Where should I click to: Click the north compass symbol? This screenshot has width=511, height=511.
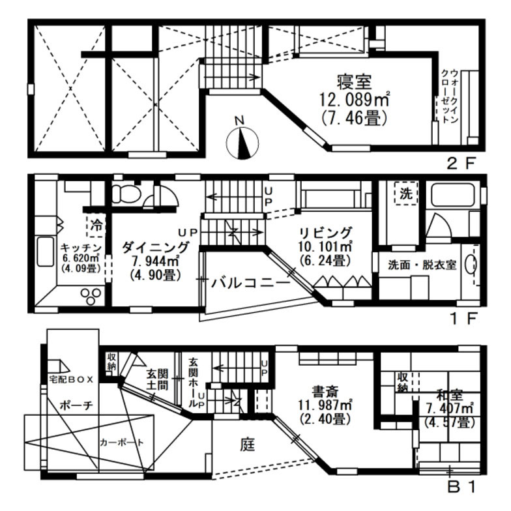pyautogui.click(x=242, y=143)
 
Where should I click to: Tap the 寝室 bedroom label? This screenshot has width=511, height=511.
pyautogui.click(x=355, y=82)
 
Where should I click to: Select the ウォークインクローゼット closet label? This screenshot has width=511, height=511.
pyautogui.click(x=450, y=96)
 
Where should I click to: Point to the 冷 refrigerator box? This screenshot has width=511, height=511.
pyautogui.click(x=96, y=226)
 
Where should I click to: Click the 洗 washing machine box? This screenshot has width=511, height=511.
pyautogui.click(x=405, y=194)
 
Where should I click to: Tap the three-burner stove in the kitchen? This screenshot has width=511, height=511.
pyautogui.click(x=91, y=297)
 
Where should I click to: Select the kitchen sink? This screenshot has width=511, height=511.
pyautogui.click(x=46, y=252)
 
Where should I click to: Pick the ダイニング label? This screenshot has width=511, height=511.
pyautogui.click(x=156, y=248)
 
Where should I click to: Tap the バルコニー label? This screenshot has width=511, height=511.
pyautogui.click(x=250, y=283)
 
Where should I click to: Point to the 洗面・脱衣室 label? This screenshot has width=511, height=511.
pyautogui.click(x=422, y=265)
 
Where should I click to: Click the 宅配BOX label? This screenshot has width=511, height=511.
pyautogui.click(x=72, y=379)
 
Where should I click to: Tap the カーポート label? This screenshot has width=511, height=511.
pyautogui.click(x=121, y=442)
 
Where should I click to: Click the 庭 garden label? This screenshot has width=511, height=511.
pyautogui.click(x=248, y=445)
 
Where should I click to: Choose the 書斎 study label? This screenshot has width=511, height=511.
pyautogui.click(x=325, y=391)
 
